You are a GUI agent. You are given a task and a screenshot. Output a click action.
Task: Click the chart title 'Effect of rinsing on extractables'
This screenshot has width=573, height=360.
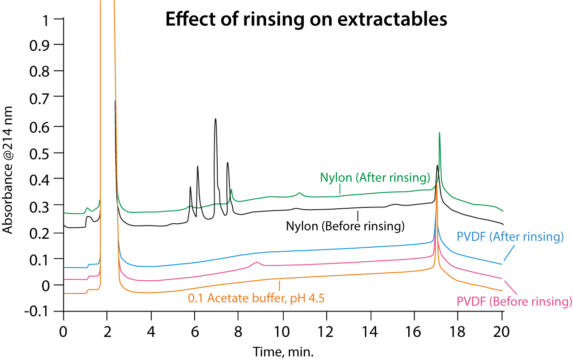[306, 20]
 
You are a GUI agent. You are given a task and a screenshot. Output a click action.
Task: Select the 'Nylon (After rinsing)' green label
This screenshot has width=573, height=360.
[375, 178]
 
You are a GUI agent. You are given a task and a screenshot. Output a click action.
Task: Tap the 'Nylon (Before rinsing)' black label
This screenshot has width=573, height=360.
[345, 226]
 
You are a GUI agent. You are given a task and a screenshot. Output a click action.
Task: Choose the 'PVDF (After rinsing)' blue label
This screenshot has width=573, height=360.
[510, 236]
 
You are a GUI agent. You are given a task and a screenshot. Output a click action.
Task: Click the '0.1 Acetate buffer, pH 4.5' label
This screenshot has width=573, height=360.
[257, 298]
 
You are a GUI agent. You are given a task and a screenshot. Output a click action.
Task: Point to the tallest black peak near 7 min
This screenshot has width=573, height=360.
[215, 119]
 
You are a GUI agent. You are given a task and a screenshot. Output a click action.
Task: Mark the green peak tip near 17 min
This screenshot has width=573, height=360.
[439, 133]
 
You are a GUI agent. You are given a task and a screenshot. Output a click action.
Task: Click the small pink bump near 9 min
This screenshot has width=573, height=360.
[257, 262]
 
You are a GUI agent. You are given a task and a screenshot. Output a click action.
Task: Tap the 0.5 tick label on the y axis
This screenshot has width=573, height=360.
[45, 153]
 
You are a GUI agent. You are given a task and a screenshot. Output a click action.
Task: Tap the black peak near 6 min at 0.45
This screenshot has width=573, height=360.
[198, 167]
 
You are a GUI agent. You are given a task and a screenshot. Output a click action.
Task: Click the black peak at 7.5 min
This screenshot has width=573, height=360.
[228, 163]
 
